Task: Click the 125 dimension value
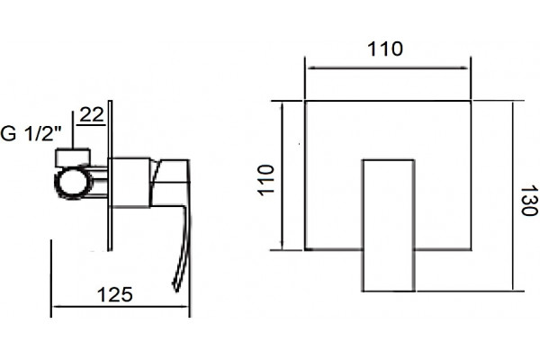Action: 115,295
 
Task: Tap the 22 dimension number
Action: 92,114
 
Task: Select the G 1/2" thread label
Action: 31,134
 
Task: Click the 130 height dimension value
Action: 528,202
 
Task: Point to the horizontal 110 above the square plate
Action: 385,49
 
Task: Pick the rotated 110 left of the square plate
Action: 266,180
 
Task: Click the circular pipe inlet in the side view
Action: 74,182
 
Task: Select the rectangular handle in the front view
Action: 388,225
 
